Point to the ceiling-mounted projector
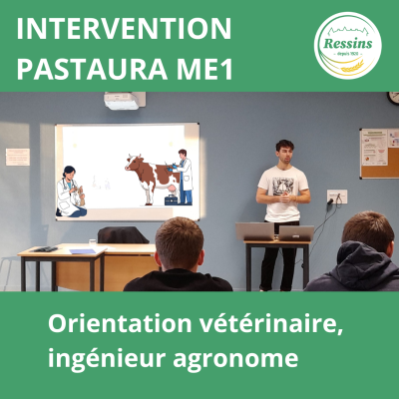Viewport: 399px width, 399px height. [125, 101]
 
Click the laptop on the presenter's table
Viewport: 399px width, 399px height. [255, 231]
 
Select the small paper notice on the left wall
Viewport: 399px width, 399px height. [18, 157]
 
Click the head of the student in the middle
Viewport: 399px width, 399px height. [181, 243]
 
